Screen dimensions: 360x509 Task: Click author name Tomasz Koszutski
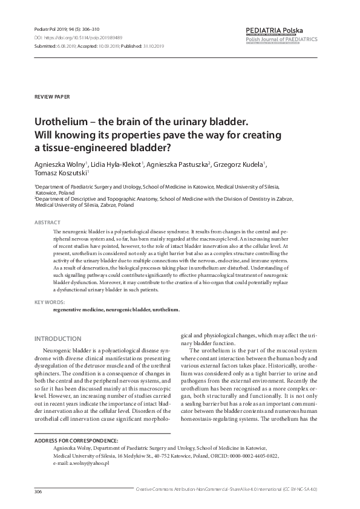tap(61, 174)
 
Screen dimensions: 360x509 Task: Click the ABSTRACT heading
tap(47, 223)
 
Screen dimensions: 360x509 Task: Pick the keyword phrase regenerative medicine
tap(78, 310)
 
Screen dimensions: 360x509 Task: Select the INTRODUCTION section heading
tap(58, 339)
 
